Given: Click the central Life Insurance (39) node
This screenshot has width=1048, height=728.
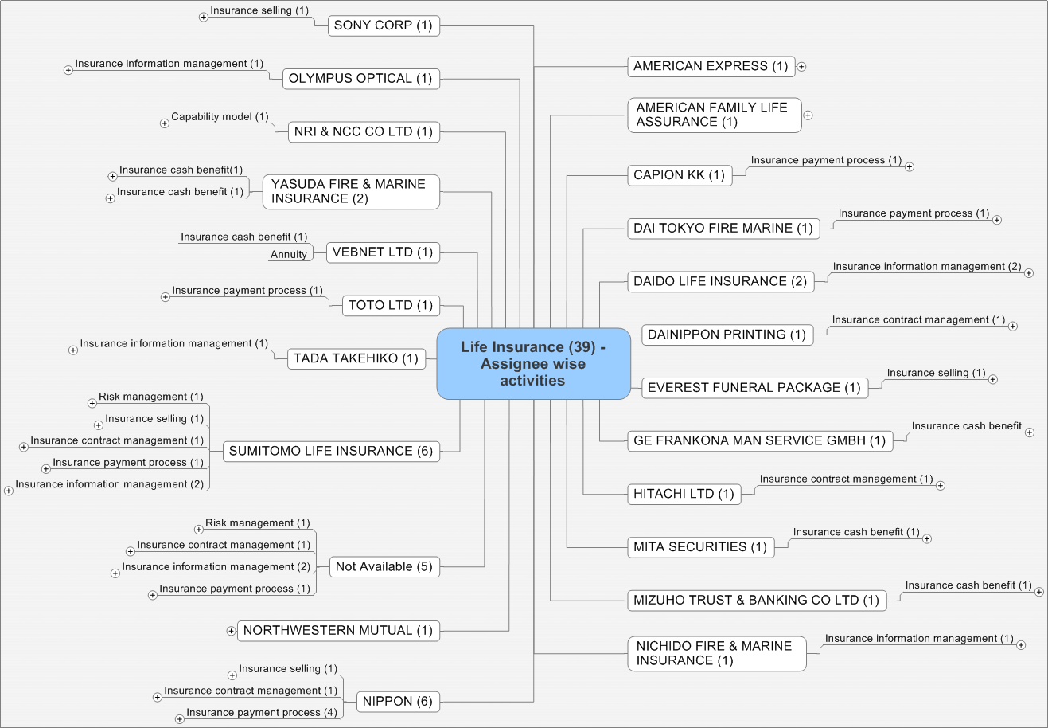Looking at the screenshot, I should point(533,364).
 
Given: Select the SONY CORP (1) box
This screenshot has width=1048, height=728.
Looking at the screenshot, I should point(383,25).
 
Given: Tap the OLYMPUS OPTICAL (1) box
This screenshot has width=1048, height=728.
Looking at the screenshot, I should point(360,79).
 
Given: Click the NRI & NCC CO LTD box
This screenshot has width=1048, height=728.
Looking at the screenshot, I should point(363,132).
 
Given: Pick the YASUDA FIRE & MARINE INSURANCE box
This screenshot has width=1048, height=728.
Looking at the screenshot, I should point(350,192).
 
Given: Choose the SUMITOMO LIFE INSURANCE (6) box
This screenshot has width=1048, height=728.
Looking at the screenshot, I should point(330,452).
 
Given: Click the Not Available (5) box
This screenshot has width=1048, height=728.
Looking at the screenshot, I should point(384,567).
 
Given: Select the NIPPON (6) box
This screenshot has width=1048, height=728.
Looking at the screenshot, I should point(397,702).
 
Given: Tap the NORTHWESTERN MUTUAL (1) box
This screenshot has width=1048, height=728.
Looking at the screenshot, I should point(337,631).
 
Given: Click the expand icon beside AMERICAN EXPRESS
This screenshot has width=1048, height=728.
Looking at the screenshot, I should point(801,67).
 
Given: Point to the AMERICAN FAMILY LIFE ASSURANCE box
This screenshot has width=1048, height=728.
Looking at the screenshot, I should point(713,115).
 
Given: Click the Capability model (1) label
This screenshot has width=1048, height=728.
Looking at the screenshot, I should point(220,117).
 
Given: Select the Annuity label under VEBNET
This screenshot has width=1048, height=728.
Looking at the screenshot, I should point(288,255).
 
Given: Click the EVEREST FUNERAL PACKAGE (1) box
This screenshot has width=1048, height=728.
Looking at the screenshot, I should point(754,388).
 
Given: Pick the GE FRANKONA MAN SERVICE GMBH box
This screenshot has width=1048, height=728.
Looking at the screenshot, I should point(759,441).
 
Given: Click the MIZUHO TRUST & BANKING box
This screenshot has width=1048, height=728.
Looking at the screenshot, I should point(756,601).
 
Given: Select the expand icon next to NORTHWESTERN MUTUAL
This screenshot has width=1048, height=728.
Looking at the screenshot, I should point(231,631).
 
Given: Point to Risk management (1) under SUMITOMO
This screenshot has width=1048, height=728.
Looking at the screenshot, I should point(150,397).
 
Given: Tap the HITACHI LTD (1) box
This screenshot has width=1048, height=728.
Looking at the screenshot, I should point(684,495).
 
